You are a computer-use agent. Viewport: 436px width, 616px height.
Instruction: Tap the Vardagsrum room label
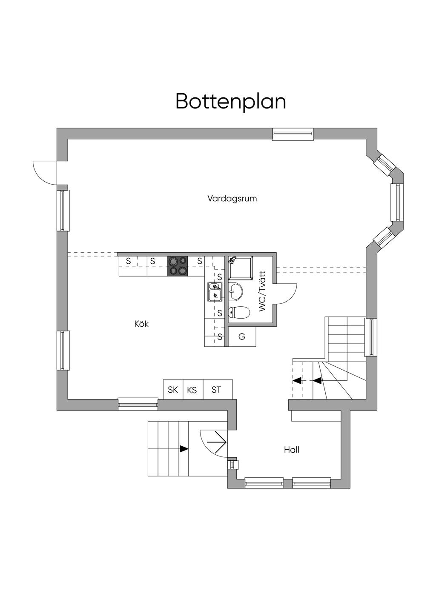click(x=232, y=198)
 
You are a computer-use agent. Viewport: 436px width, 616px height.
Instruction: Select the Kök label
click(x=141, y=324)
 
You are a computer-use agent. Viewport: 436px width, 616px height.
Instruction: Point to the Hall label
click(x=292, y=450)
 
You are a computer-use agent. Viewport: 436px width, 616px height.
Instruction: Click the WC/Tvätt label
click(x=263, y=291)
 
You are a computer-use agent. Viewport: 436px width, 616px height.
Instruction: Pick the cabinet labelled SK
click(x=173, y=390)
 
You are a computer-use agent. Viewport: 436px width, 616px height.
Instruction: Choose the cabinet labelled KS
click(x=193, y=390)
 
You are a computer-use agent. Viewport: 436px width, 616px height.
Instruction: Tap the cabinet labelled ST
click(x=218, y=390)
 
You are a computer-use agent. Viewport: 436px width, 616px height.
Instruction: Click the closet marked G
click(x=242, y=337)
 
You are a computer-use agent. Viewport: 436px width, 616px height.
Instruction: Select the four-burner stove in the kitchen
click(x=178, y=266)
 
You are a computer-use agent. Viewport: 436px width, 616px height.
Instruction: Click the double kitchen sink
click(x=215, y=291)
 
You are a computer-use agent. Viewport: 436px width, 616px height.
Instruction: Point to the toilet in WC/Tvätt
click(x=239, y=313)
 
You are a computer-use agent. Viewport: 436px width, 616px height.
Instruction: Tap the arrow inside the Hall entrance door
click(x=217, y=442)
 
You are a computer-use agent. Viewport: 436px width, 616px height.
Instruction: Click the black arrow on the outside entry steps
click(x=184, y=449)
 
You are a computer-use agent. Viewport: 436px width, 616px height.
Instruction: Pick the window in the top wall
click(x=293, y=134)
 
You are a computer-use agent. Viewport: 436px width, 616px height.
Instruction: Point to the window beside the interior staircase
click(x=371, y=337)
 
